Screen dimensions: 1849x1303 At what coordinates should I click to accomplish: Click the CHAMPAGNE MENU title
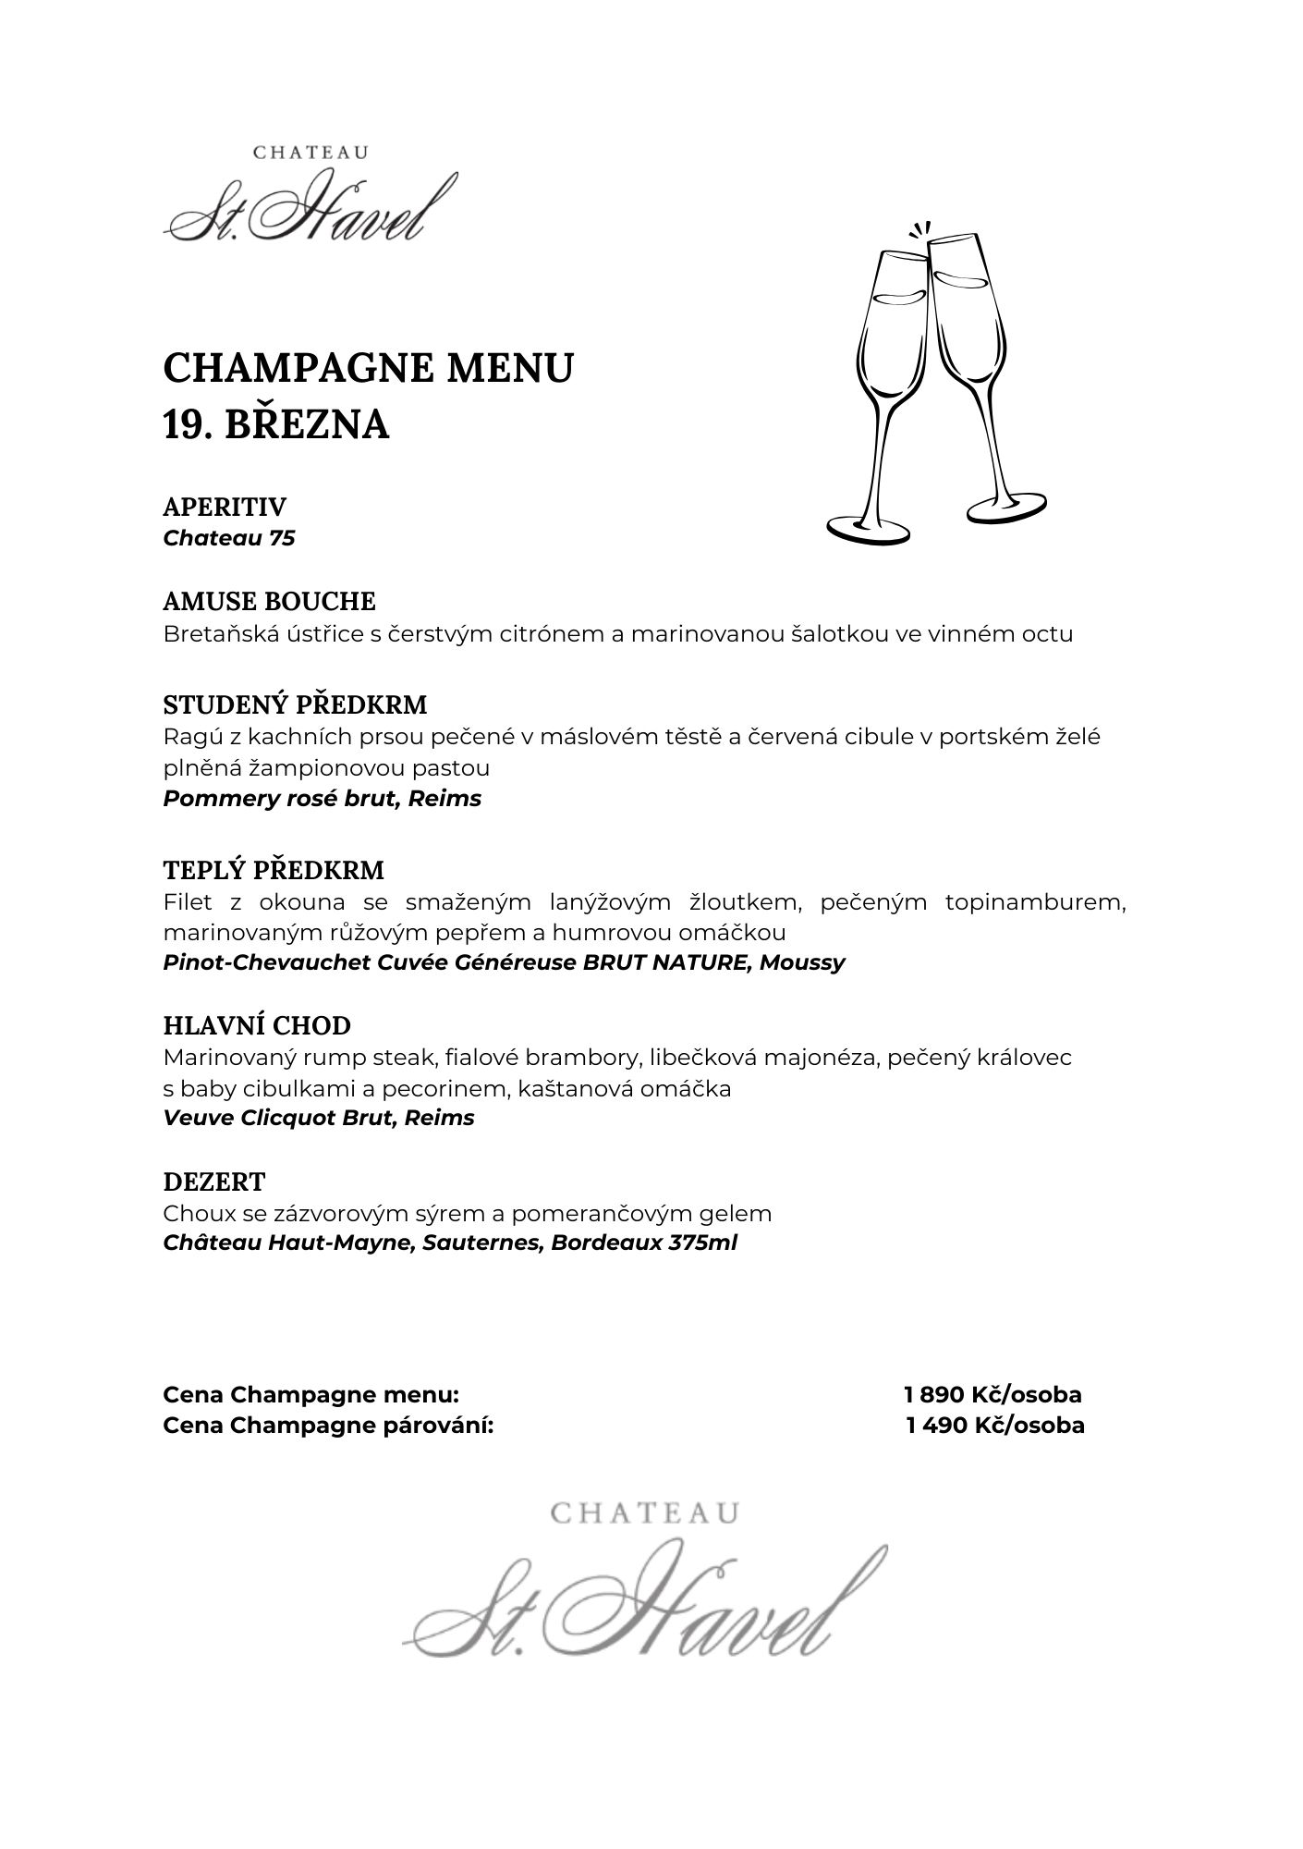tap(368, 368)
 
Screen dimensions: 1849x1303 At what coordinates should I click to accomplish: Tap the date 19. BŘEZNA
tap(275, 424)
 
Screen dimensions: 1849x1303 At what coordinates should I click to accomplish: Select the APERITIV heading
tap(225, 507)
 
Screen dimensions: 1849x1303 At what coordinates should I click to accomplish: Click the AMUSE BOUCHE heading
tap(269, 601)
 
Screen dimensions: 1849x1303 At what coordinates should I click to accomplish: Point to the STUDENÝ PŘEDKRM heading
tap(295, 704)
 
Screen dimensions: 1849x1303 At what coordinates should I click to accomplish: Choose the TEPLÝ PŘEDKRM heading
tap(274, 870)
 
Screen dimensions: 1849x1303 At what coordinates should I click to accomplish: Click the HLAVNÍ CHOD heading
tap(257, 1025)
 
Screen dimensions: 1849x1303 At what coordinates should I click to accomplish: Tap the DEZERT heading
tap(213, 1182)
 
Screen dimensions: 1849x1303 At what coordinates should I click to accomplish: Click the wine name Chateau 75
tap(228, 538)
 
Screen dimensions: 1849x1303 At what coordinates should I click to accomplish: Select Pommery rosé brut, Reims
tap(322, 799)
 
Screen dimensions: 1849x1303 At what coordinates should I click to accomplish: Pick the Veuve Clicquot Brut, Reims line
tap(318, 1118)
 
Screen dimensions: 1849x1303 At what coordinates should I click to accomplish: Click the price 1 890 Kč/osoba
tap(992, 1394)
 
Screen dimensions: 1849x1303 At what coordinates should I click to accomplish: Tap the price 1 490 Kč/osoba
tap(994, 1425)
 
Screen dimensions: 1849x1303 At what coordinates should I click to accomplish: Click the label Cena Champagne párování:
tap(328, 1425)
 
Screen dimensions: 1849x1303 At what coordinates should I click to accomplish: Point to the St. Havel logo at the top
tap(311, 198)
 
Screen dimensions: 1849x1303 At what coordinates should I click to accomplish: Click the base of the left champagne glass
tap(868, 529)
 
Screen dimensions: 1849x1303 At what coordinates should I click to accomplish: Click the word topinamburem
tap(1035, 902)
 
